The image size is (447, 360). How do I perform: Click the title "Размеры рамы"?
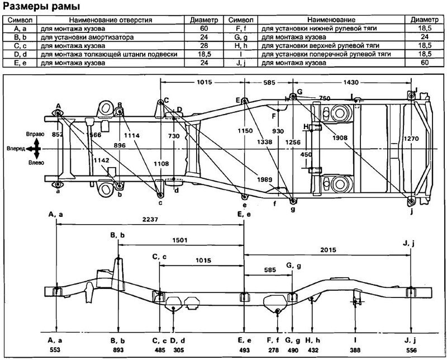[x=41, y=7]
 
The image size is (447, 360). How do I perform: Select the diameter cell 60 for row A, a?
[x=204, y=29]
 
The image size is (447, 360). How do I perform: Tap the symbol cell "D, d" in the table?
[x=20, y=54]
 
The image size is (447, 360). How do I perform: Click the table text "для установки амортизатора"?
[x=87, y=37]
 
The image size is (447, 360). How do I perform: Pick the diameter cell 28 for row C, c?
[x=204, y=46]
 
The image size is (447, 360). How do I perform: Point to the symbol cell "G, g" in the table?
[x=241, y=37]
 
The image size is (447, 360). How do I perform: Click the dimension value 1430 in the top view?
[x=351, y=82]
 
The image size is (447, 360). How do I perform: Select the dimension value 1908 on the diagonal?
[x=340, y=138]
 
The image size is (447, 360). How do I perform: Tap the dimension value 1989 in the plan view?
[x=264, y=179]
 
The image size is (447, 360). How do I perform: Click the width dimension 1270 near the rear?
[x=411, y=139]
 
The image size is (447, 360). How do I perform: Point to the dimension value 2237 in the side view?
[x=150, y=220]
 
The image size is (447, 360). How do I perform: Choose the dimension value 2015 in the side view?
[x=328, y=250]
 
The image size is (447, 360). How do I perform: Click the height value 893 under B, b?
[x=118, y=350]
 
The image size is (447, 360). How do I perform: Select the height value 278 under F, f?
[x=273, y=350]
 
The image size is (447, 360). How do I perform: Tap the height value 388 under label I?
[x=355, y=350]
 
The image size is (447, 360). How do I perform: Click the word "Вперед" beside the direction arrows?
[x=16, y=149]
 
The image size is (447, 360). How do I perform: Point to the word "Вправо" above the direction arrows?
[x=35, y=134]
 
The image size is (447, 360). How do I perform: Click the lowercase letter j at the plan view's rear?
[x=412, y=212]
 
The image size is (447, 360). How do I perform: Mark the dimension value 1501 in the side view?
[x=180, y=240]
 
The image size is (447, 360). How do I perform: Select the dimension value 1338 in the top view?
[x=264, y=142]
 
